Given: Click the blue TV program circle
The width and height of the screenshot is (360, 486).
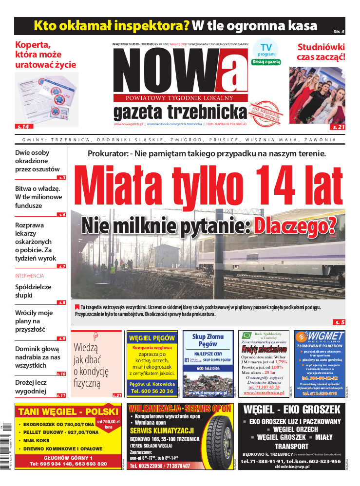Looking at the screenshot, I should click(265, 49).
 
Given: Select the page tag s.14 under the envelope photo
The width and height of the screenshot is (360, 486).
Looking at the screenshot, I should click(22, 127).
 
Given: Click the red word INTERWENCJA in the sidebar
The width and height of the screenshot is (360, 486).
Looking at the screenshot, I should click(30, 276).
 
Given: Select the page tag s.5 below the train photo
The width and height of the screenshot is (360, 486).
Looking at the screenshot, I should click(339, 322).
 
